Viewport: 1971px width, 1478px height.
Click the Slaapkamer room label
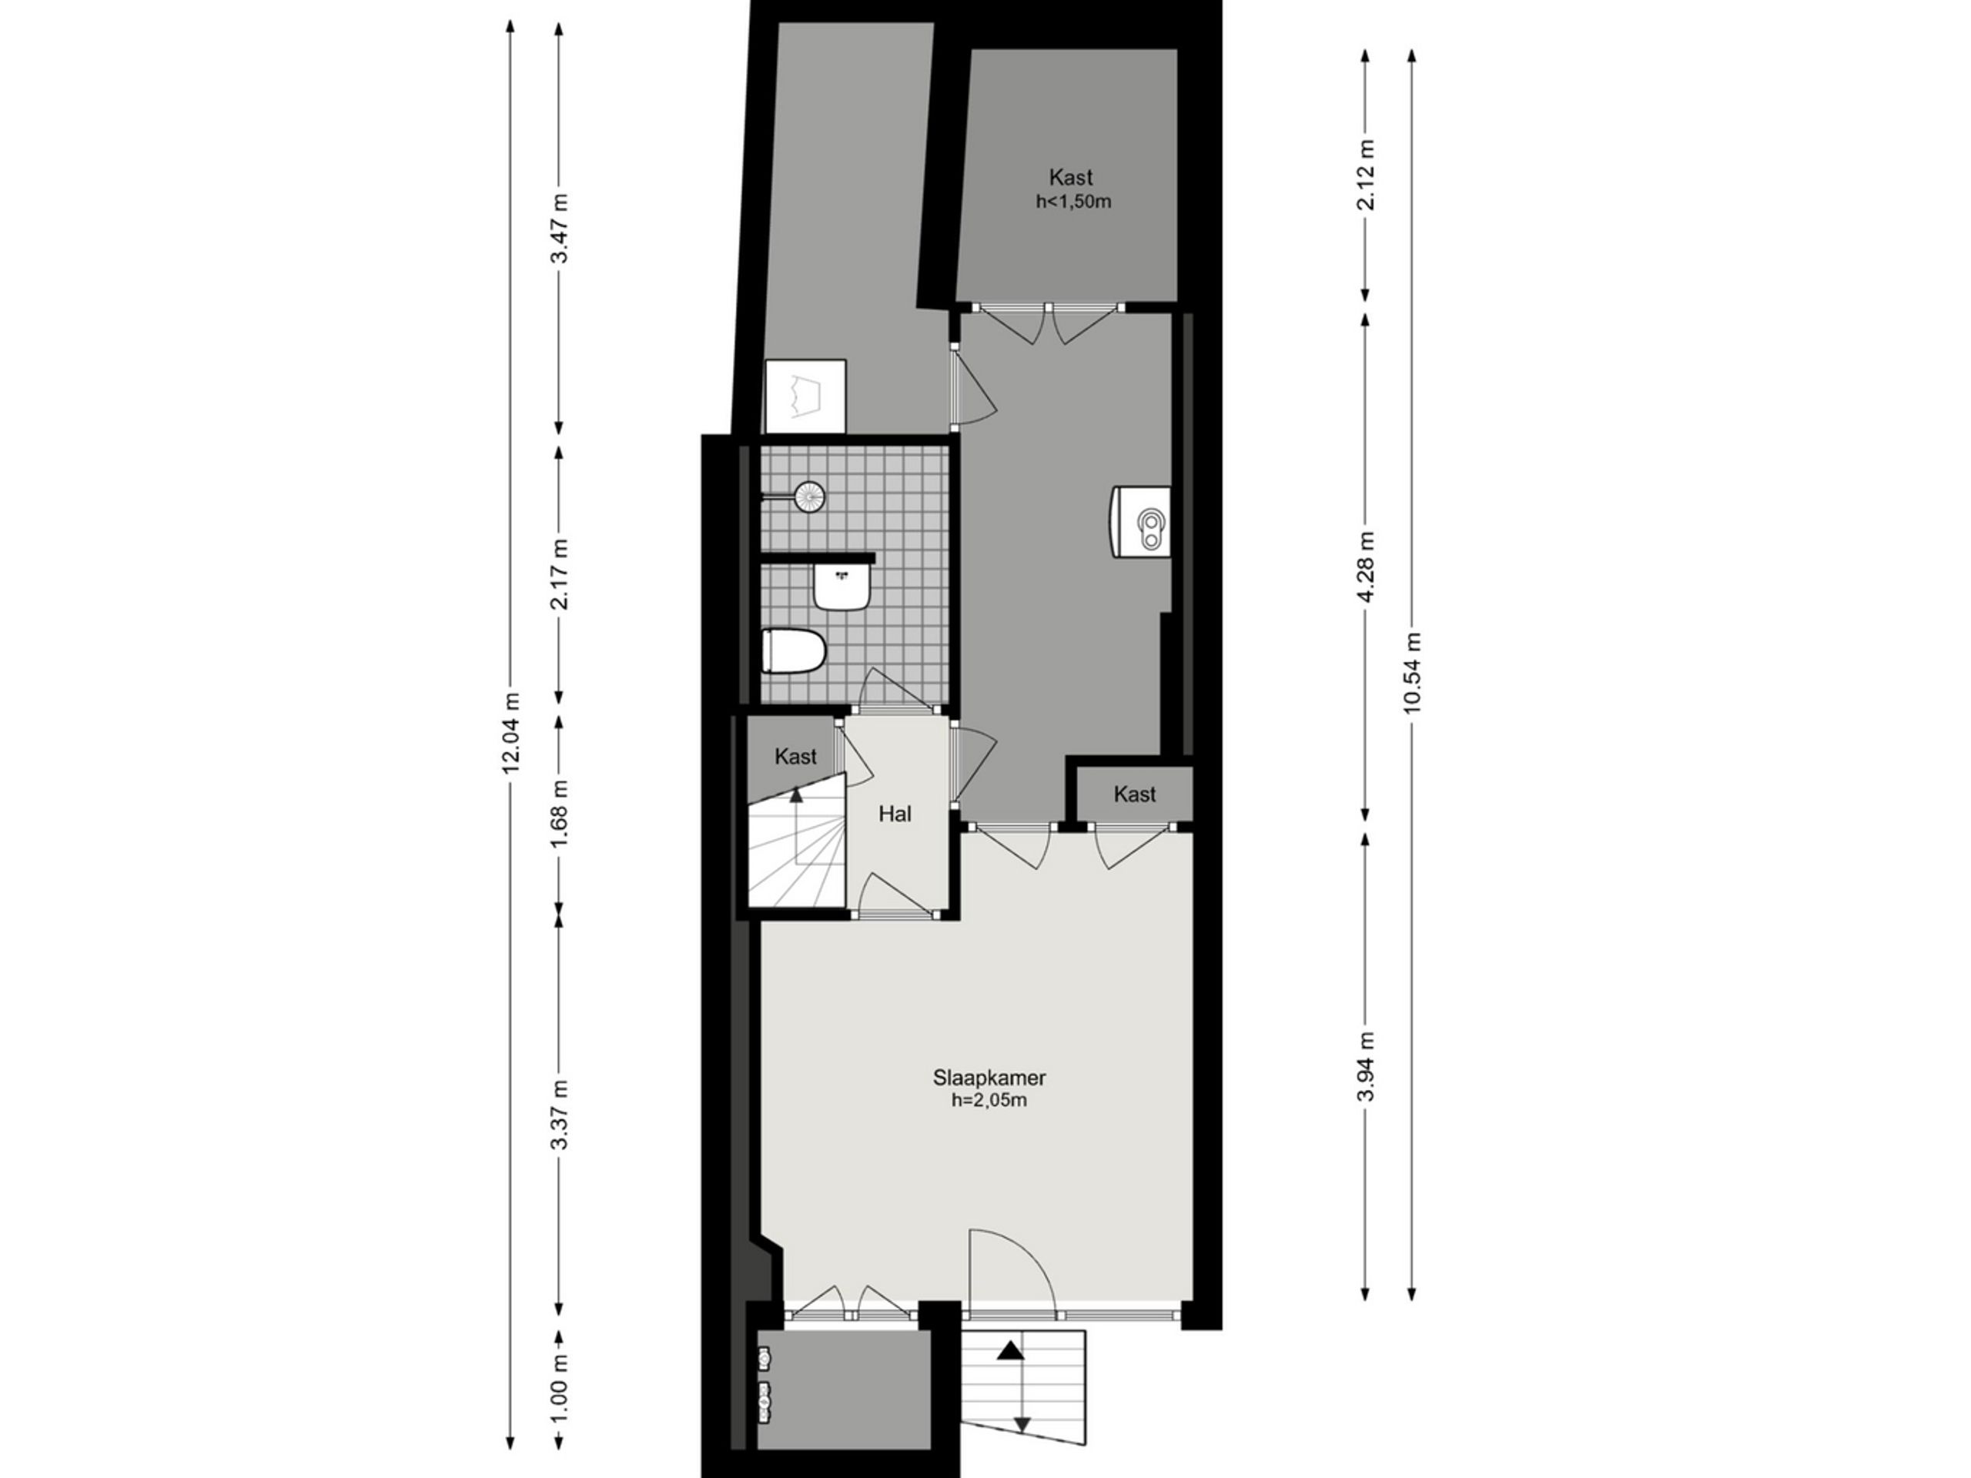pos(989,1077)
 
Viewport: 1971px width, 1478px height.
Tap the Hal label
pos(895,814)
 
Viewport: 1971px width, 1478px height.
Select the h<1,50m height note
pos(1073,202)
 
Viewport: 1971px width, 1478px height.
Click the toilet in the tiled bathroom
pos(794,651)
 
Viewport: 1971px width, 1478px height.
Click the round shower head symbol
pos(810,497)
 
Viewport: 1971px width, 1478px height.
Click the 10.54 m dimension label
pos(1411,673)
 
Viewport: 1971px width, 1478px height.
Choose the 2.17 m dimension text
pos(559,573)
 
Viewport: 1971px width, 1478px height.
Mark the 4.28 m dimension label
pos(1365,567)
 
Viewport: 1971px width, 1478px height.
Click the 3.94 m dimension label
pos(1365,1066)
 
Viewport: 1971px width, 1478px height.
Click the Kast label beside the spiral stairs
pos(795,757)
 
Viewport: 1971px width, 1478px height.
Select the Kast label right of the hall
pos(1134,794)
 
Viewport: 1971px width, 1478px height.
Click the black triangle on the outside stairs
pos(1010,1352)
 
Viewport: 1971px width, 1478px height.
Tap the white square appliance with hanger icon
pos(805,396)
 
